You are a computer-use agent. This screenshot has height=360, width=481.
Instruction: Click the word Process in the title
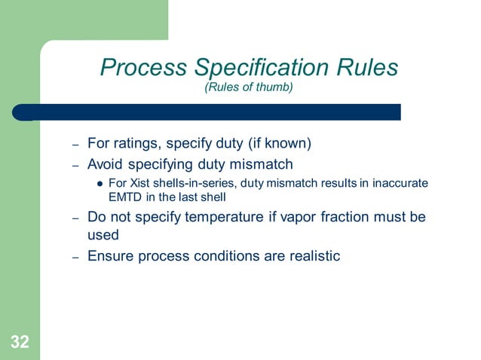pos(144,69)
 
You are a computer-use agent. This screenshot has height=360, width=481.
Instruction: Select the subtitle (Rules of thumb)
pos(248,87)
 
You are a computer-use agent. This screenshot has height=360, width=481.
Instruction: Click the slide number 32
pos(20,343)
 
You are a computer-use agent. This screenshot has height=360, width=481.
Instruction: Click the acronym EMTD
pos(126,196)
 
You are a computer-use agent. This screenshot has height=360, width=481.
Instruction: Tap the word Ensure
pos(110,255)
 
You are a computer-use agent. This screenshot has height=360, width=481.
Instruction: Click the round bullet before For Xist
pos(100,183)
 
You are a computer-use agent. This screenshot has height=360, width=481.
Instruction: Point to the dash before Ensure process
pos(75,257)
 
